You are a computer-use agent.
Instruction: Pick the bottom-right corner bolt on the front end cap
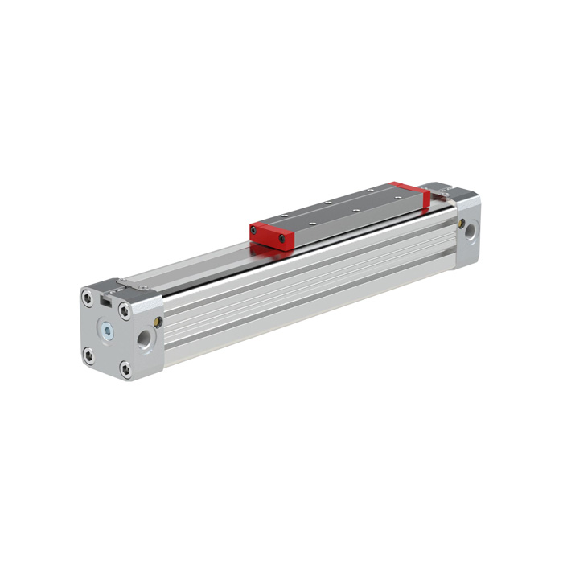pyautogui.click(x=125, y=369)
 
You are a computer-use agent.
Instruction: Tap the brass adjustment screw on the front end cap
pyautogui.click(x=158, y=323)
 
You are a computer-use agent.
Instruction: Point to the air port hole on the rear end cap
pyautogui.click(x=470, y=234)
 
